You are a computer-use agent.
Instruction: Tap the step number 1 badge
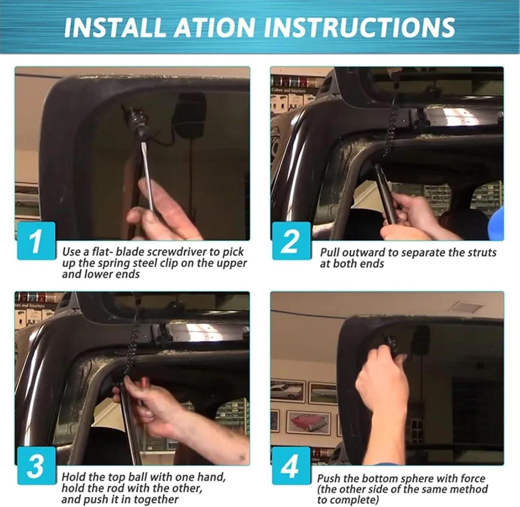36,241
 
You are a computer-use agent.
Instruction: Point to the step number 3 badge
36,465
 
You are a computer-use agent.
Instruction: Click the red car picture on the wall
309,422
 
